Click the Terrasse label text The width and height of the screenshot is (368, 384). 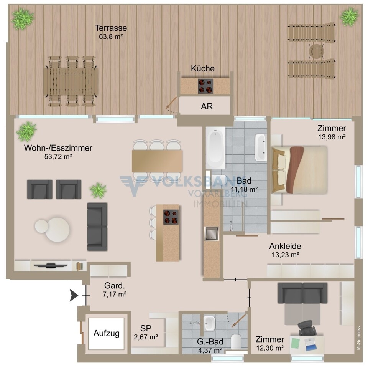click(x=111, y=28)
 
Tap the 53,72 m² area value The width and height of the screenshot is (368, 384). click(x=58, y=157)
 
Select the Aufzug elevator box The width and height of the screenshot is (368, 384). click(x=106, y=334)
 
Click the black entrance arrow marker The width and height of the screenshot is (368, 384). click(x=74, y=295)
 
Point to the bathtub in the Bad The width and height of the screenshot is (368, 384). click(x=215, y=148)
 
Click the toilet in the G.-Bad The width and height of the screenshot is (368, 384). click(x=236, y=341)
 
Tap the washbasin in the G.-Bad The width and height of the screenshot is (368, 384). click(x=210, y=323)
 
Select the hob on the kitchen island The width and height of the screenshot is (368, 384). click(x=171, y=217)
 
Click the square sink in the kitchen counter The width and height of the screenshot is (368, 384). click(x=212, y=233)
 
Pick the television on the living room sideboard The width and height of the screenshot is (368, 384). click(x=50, y=265)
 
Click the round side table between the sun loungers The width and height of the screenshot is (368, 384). click(x=316, y=51)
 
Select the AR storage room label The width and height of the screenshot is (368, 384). click(x=207, y=106)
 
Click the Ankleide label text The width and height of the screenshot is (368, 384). click(x=285, y=246)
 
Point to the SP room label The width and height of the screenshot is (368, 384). click(x=146, y=328)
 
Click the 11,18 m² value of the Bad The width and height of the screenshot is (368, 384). click(x=244, y=189)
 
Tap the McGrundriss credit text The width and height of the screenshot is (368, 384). click(x=359, y=338)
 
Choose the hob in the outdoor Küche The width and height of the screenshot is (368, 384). click(x=205, y=86)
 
